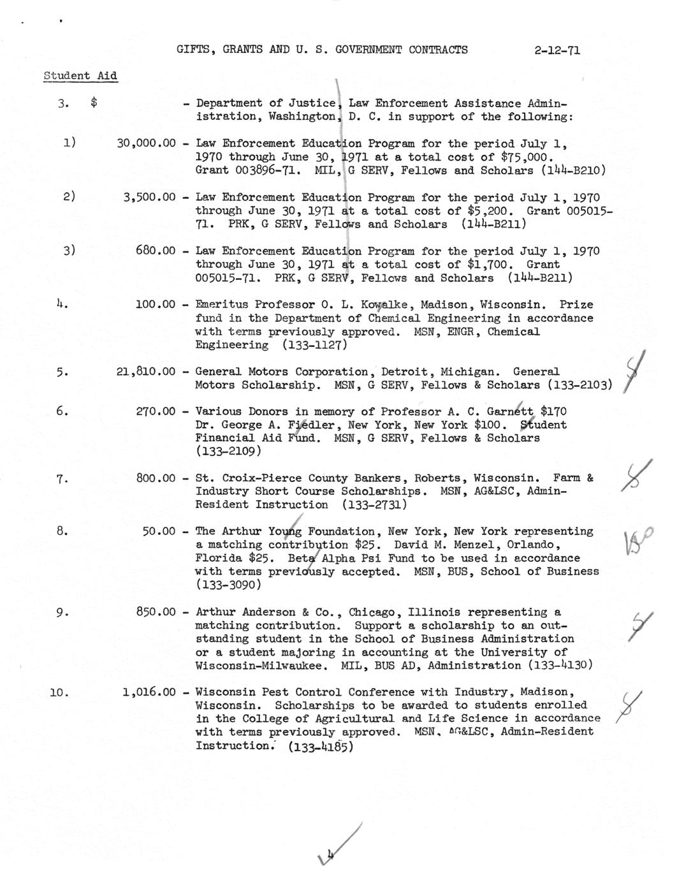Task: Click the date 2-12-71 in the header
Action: pyautogui.click(x=557, y=50)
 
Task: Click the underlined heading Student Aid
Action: pyautogui.click(x=80, y=76)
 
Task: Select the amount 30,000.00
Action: pyautogui.click(x=146, y=144)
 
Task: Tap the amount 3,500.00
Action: pyautogui.click(x=149, y=198)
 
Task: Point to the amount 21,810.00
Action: pyautogui.click(x=146, y=372)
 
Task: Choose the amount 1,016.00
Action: pyautogui.click(x=149, y=692)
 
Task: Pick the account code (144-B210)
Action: pyautogui.click(x=573, y=171)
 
